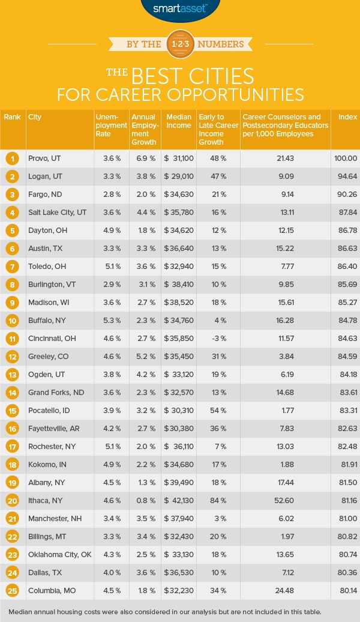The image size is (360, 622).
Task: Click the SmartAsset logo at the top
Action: tap(180, 8)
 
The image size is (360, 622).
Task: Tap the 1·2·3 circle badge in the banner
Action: tap(180, 44)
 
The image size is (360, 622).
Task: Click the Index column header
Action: tap(344, 117)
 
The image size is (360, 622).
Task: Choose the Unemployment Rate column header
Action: tap(110, 125)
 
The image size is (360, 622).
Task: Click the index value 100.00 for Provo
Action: tap(344, 159)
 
